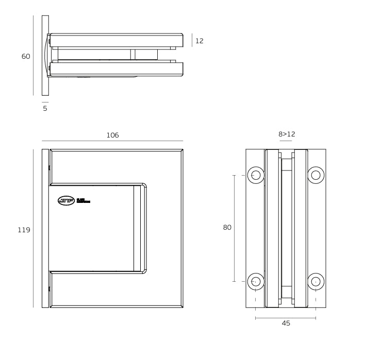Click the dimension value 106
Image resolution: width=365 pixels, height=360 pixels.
(x=112, y=135)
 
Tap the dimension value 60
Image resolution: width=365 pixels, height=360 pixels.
(x=25, y=56)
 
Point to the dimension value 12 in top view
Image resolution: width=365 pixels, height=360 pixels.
(x=199, y=41)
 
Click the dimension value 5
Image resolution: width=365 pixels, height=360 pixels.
(x=45, y=109)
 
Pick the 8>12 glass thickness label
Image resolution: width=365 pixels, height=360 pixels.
(x=287, y=134)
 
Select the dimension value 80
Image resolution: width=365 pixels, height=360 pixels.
(x=227, y=228)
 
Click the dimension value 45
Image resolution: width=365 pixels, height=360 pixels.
(x=286, y=323)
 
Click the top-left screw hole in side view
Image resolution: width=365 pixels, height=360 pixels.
(x=255, y=175)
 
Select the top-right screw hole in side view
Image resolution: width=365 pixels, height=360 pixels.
(x=316, y=175)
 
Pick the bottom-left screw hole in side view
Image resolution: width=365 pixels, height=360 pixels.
(x=255, y=281)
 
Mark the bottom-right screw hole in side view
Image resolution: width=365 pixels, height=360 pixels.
(x=316, y=281)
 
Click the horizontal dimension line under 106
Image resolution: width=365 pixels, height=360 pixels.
(x=112, y=141)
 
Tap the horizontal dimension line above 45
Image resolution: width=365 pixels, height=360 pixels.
(x=286, y=317)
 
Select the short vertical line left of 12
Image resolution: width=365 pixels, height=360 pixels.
(x=192, y=40)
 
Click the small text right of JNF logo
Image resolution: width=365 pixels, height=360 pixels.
(x=83, y=200)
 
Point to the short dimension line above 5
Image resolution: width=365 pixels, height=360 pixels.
(x=45, y=102)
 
